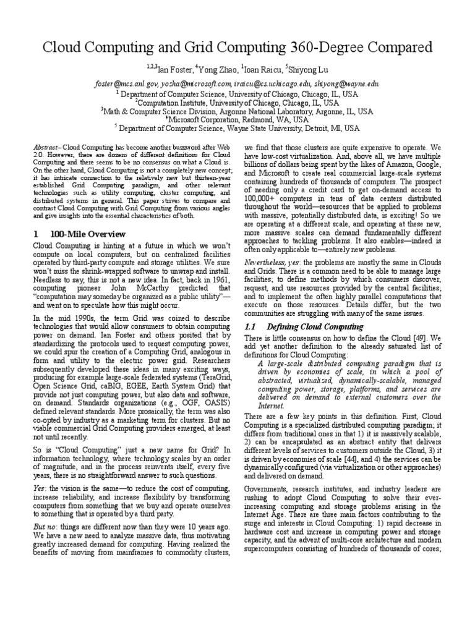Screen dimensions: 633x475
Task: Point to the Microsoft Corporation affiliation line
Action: pos(238,119)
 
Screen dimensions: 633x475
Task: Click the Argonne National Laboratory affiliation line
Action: pos(237,111)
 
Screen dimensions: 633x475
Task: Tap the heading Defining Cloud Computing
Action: pos(312,326)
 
